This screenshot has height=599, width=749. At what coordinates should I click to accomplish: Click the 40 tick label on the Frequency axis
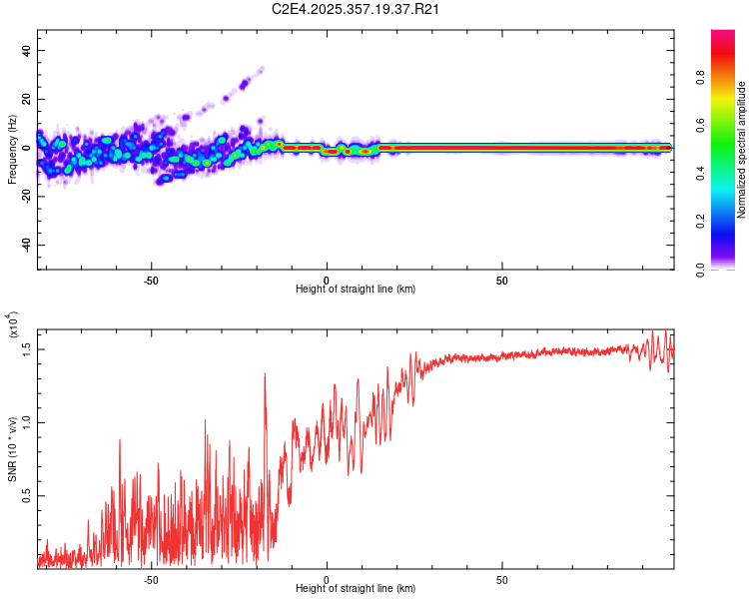click(26, 51)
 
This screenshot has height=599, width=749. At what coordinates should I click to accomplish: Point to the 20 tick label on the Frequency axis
click(26, 100)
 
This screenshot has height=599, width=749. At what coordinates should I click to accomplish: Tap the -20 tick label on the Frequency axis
click(24, 197)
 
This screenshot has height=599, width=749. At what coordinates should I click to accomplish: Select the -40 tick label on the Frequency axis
click(24, 246)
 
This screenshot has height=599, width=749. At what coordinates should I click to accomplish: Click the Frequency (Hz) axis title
click(12, 149)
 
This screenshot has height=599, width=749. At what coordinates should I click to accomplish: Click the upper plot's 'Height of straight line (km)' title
click(356, 289)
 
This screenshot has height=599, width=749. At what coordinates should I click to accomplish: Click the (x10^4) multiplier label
click(13, 325)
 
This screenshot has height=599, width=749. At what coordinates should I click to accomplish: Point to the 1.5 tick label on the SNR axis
click(27, 347)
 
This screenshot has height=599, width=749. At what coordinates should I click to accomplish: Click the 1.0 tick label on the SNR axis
click(27, 421)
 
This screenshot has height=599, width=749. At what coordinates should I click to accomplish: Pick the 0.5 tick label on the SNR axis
click(27, 495)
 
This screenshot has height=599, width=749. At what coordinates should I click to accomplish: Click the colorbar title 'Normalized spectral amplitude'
click(742, 149)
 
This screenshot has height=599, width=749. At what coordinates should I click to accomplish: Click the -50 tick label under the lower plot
click(151, 580)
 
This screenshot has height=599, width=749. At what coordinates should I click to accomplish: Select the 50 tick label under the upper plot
click(502, 281)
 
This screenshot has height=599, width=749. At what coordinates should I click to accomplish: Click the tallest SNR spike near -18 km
click(265, 374)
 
